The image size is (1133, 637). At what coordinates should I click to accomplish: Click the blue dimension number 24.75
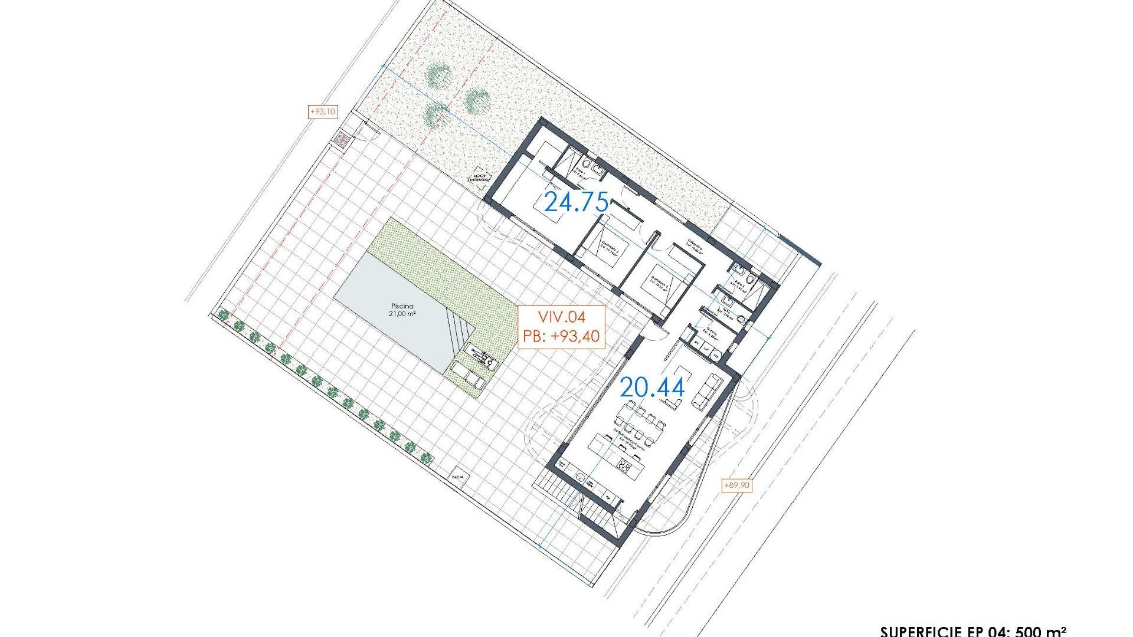tap(576, 202)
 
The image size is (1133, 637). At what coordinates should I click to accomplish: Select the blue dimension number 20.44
tap(652, 388)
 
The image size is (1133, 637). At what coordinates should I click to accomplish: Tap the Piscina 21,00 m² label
tap(402, 310)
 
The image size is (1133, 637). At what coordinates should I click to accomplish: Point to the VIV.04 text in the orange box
tap(561, 317)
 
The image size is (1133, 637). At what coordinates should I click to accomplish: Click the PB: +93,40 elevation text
tap(561, 336)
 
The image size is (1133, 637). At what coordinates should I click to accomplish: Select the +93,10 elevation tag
tap(323, 111)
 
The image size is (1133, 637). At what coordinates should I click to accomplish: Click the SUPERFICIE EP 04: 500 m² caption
tap(974, 631)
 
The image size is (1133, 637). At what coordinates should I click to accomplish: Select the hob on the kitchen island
tap(624, 465)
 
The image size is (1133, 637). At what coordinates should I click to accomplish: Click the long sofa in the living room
tap(707, 391)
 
